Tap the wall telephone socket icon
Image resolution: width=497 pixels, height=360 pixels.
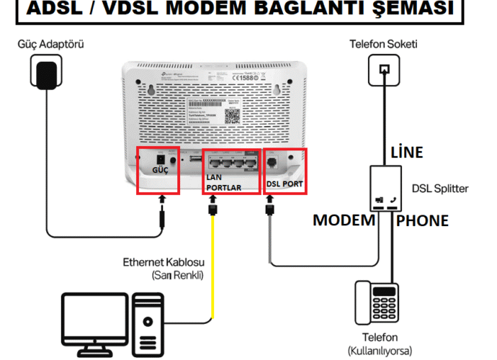tap(383, 70)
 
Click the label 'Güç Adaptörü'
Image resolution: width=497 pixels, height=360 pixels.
tap(51, 45)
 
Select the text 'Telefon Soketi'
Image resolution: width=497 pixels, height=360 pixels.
tap(383, 45)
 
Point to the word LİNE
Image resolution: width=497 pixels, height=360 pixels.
tap(406, 152)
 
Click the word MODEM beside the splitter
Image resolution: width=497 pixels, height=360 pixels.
tap(344, 220)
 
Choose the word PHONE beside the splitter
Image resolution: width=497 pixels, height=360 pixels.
tap(422, 220)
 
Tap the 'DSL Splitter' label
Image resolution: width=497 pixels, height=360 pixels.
tap(439, 189)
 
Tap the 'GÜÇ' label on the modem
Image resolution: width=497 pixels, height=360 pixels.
tap(159, 171)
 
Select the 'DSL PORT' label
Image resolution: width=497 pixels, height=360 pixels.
tap(285, 184)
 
